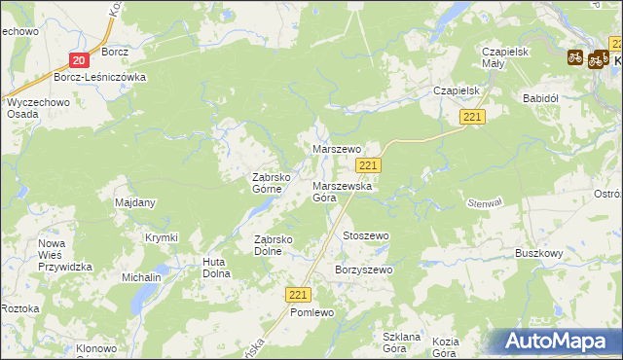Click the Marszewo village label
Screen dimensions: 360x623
click(336, 149)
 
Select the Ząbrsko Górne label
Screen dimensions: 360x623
click(274, 184)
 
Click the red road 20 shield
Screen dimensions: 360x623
click(80, 59)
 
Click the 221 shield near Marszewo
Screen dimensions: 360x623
click(382, 166)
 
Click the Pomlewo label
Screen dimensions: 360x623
click(311, 312)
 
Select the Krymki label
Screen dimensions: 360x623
click(162, 237)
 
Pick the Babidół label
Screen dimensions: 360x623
click(539, 98)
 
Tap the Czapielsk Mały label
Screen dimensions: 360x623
click(505, 58)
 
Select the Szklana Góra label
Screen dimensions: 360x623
click(401, 342)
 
